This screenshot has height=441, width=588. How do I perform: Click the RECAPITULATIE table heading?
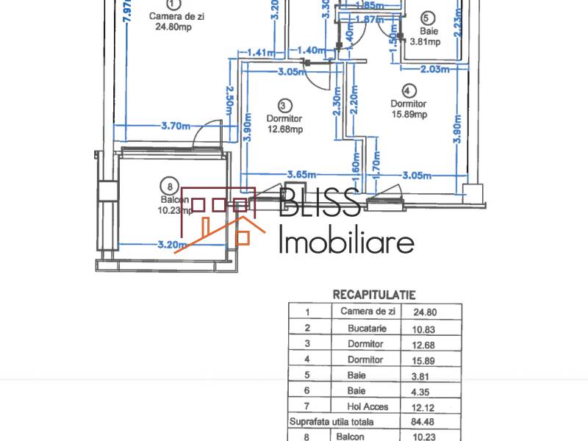click(x=374, y=295)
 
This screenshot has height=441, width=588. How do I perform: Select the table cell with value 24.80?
click(x=431, y=311)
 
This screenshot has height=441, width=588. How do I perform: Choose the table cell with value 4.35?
click(x=431, y=390)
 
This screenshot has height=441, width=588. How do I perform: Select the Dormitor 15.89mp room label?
click(x=409, y=109)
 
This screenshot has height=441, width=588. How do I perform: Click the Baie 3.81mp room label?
click(x=430, y=36)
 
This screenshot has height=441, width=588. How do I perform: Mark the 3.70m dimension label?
click(x=177, y=126)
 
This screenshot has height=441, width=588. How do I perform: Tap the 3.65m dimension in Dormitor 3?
click(x=301, y=174)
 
